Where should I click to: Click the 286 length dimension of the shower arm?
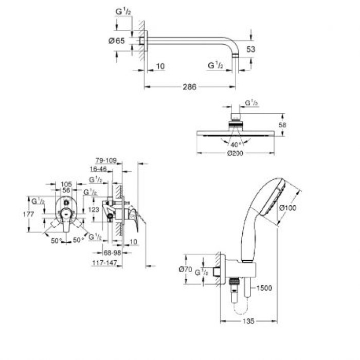point(190,87)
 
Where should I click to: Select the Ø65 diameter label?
point(117,41)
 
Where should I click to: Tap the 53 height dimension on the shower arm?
point(251,49)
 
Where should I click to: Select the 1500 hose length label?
point(264,288)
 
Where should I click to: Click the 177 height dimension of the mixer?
point(29,214)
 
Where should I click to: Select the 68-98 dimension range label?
point(109,253)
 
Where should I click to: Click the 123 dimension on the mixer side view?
point(93,209)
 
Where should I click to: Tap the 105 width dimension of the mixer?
point(65,184)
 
